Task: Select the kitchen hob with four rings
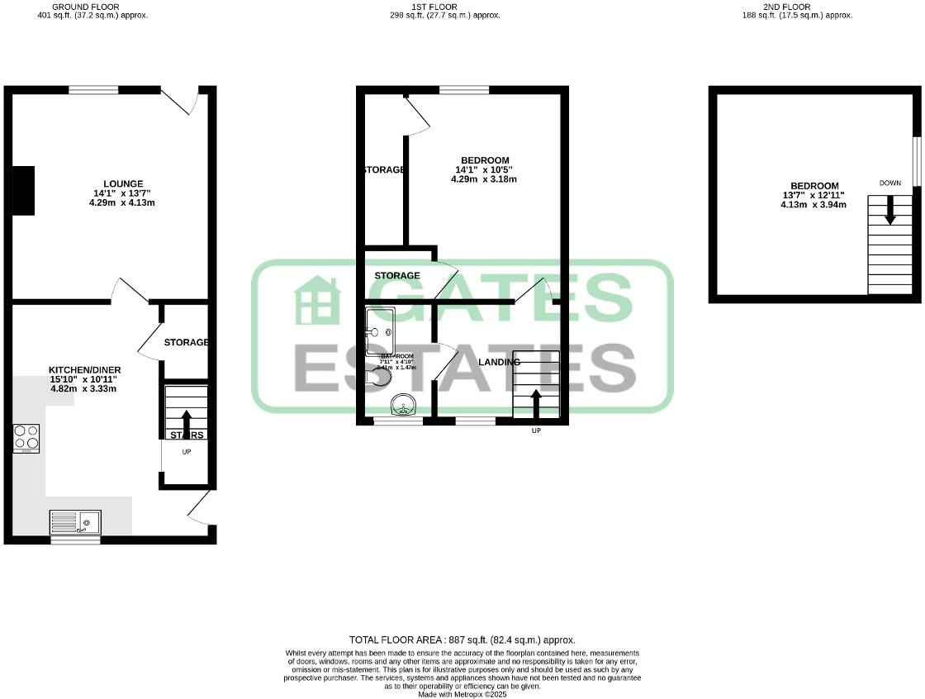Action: coord(26,438)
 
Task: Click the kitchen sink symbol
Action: coord(75,522)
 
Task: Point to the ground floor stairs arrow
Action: coord(185,421)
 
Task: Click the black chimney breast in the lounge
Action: coord(23,190)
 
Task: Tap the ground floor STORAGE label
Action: coord(186,342)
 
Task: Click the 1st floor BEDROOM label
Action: coord(485,160)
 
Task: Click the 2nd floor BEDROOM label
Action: coord(814,186)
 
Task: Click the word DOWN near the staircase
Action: coord(890,183)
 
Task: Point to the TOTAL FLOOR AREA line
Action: coord(462,640)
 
